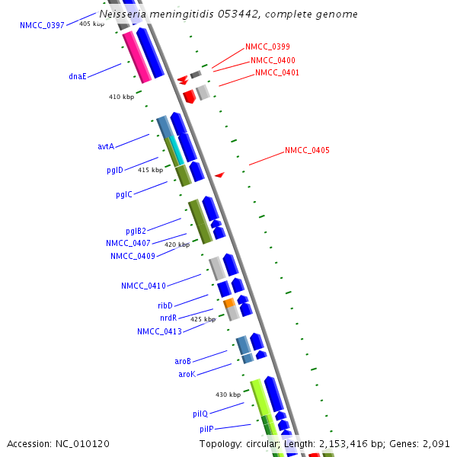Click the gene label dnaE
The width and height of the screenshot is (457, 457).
[77, 76]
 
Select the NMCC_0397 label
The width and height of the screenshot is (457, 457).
[42, 26]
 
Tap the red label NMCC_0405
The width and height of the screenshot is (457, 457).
[307, 151]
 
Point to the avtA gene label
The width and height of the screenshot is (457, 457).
[106, 146]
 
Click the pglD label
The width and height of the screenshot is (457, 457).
[115, 171]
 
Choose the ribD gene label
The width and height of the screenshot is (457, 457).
[165, 305]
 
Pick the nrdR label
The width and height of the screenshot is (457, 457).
[168, 318]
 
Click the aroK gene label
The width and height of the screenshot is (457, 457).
[187, 374]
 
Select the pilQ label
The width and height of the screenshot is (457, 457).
[200, 414]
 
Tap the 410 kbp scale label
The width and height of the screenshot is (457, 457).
[121, 97]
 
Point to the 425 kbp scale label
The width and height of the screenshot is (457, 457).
[203, 319]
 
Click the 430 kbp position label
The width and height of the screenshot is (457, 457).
[228, 395]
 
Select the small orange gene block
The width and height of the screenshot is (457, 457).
[228, 303]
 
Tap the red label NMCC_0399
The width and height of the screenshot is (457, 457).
[267, 47]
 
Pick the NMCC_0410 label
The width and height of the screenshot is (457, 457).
[143, 286]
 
